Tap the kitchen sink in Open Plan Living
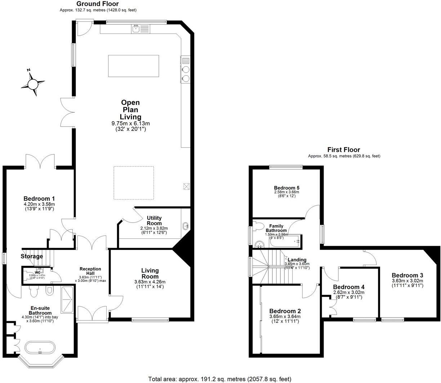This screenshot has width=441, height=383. (137, 29)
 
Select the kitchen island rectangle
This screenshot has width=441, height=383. (133, 66)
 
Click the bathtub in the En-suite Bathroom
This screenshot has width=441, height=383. (40, 348)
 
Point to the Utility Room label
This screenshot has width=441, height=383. (154, 220)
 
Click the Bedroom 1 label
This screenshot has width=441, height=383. (39, 199)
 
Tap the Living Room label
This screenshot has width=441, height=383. (150, 273)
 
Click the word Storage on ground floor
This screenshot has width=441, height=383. (32, 256)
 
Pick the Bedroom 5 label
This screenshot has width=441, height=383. (286, 188)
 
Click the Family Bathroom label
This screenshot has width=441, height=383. (276, 228)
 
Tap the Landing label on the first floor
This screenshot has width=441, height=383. (297, 260)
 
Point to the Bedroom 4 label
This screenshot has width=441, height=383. (348, 287)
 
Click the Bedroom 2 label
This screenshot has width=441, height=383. (285, 311)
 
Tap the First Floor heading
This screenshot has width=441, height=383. (343, 150)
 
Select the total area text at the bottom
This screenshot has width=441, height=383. (219, 379)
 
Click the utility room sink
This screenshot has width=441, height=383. (186, 226)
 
